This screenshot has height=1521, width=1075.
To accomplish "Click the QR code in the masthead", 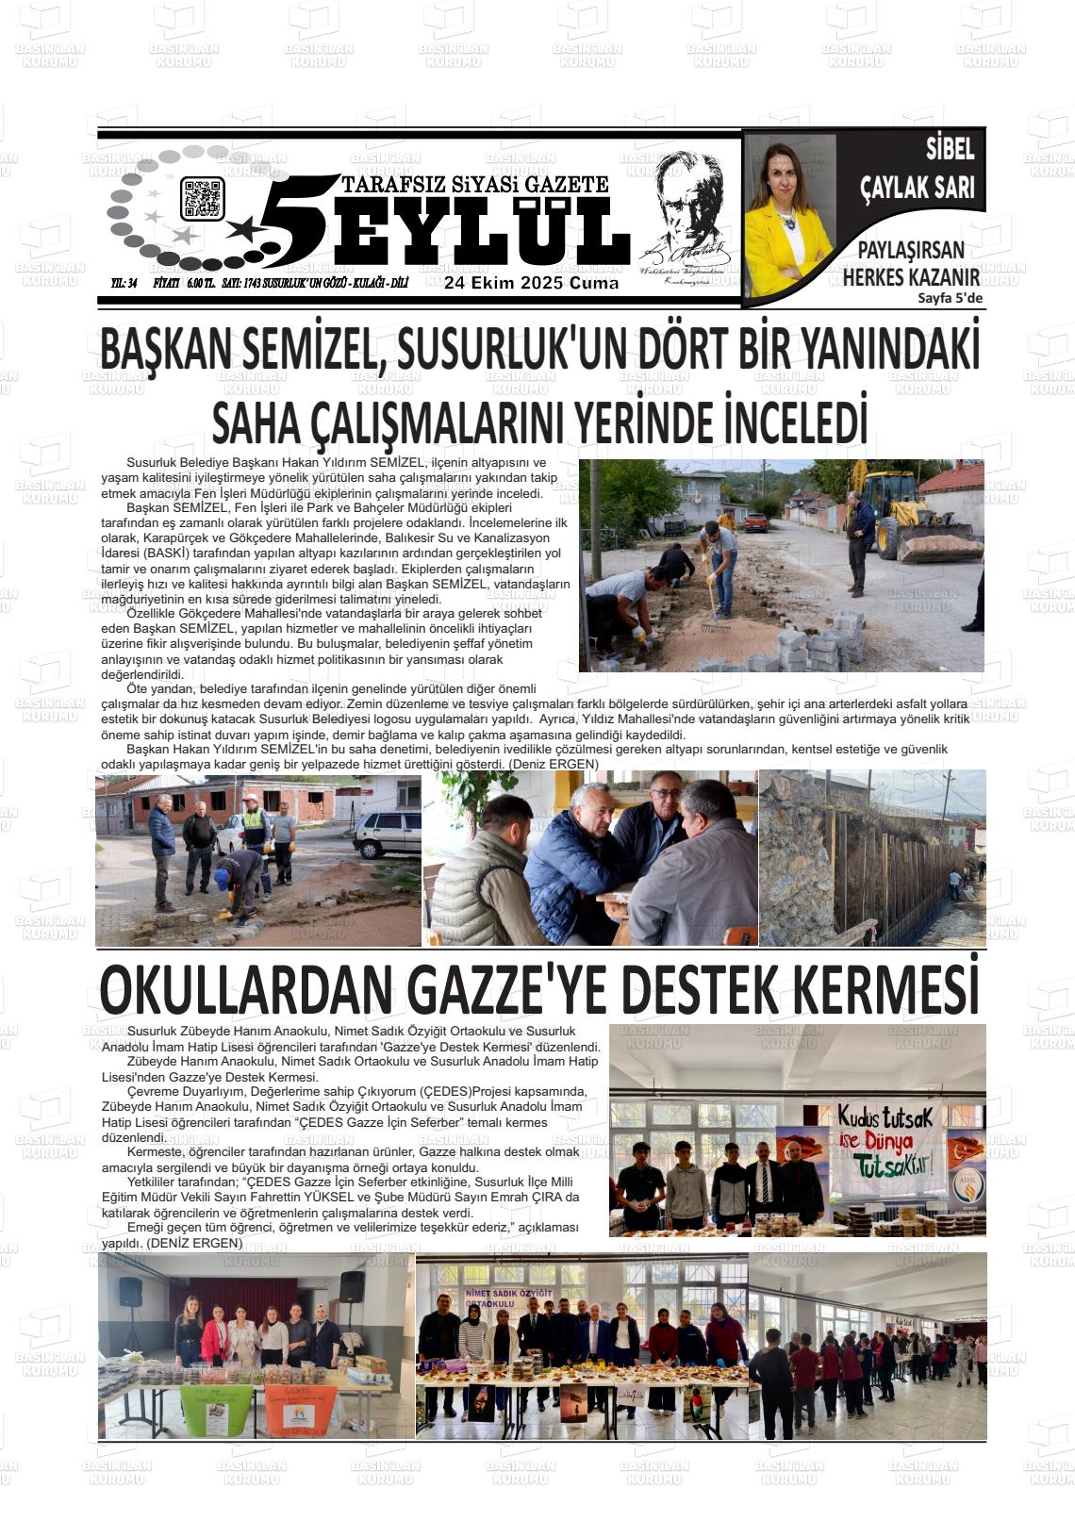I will [x=202, y=199].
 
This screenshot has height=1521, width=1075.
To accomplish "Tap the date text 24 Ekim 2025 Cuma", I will [x=532, y=283].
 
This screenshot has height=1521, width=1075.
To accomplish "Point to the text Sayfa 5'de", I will [x=950, y=299].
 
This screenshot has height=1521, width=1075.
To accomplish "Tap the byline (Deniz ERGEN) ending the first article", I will [x=553, y=762].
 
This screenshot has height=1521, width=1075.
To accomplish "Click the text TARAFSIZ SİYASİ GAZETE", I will [x=475, y=185].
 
